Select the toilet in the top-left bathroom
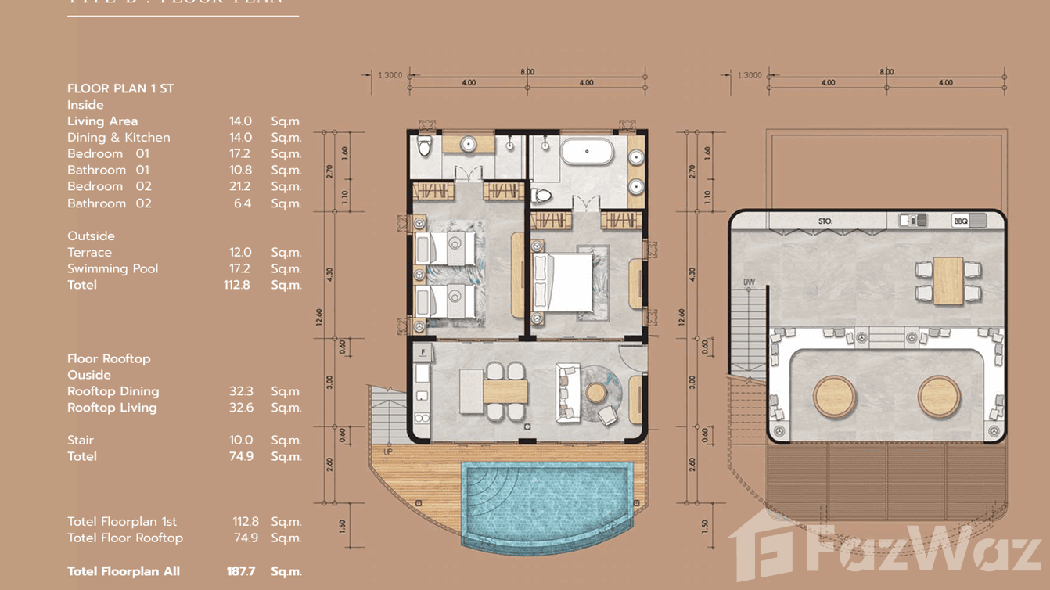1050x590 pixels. tap(424, 147)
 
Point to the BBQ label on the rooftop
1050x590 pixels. tap(961, 221)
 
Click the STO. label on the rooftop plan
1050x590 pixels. tap(825, 221)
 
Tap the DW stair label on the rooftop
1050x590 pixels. tap(749, 282)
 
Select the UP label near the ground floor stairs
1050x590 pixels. tap(388, 451)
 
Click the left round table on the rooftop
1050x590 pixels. tap(834, 397)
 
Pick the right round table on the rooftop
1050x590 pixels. tap(939, 397)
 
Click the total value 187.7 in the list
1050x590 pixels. tap(241, 571)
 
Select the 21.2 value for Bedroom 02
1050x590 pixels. tap(240, 186)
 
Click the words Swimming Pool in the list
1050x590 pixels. tap(113, 268)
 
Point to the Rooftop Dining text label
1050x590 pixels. tap(113, 391)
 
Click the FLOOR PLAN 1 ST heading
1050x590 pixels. tap(120, 88)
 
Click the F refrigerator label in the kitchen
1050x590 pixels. tap(423, 352)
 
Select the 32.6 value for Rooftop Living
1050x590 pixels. tap(241, 408)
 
